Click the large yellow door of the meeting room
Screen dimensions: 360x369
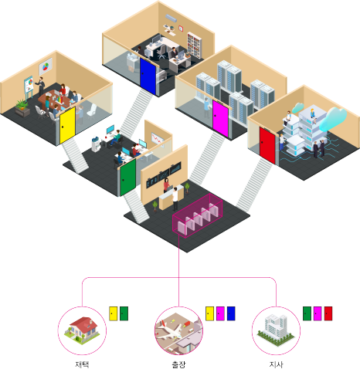67,125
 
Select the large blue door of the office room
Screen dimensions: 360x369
148,76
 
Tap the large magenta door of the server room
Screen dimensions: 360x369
220,119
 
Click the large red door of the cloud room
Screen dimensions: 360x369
267,145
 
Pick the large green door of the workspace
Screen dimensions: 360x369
128,178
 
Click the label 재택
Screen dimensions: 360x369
82,364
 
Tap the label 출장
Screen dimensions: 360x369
178,364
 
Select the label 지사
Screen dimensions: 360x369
276,364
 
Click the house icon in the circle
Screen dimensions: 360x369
82,330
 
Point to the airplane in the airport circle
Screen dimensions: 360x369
170,330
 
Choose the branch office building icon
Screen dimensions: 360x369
276,330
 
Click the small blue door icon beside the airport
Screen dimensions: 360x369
231,313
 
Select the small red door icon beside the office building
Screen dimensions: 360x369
328,313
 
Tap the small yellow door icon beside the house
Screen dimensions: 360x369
114,313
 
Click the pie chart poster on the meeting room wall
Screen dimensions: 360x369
46,66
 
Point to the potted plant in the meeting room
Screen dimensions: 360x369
22,108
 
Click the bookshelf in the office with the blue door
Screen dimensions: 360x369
194,46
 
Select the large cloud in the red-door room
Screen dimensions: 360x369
334,119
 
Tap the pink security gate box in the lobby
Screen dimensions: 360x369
198,215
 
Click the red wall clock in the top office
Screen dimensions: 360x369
181,29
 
